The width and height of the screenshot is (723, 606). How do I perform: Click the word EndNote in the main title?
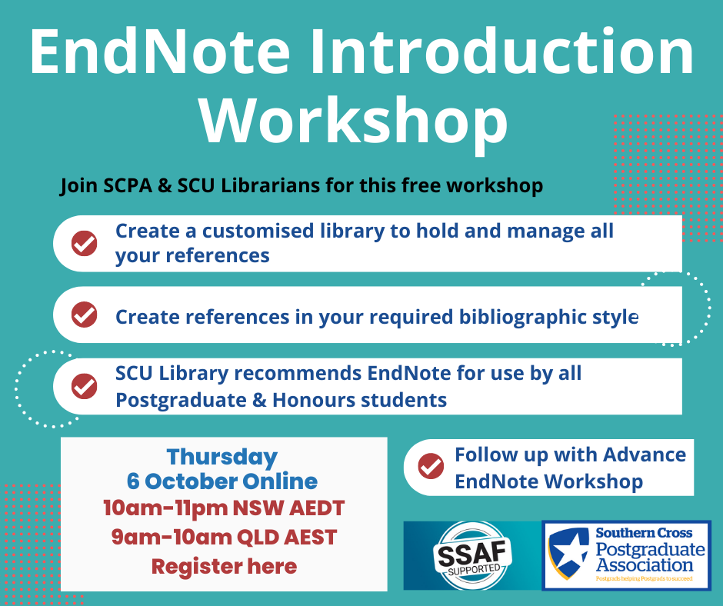160,52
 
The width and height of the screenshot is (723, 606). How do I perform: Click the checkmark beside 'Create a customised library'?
85,243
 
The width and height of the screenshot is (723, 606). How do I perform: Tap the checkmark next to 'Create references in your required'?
85,315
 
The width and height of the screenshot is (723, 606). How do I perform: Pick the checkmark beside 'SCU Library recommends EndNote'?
85,386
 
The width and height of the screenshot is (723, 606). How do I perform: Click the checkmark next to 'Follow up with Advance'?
431,466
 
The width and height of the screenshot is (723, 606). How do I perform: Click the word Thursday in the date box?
222,457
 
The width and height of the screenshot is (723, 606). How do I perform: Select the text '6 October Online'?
222,481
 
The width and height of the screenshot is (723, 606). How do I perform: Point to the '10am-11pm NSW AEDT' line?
224,508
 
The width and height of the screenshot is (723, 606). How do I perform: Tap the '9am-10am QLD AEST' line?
224,538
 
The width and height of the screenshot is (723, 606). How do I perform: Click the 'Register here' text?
224,566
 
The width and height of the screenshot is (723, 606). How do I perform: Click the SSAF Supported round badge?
472,556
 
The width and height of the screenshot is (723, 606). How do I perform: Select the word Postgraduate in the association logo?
650,549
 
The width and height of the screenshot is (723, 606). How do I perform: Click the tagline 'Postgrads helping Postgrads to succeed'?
644,578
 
